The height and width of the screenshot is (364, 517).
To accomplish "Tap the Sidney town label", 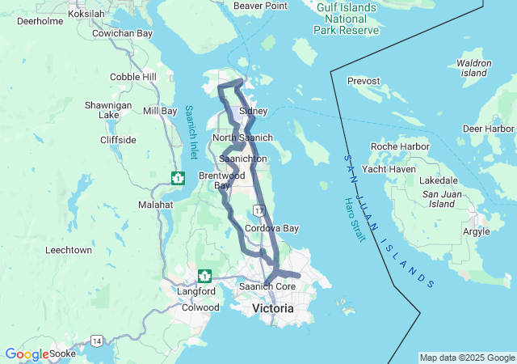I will tap(253, 110).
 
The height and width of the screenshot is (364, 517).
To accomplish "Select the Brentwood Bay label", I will tap(216, 180).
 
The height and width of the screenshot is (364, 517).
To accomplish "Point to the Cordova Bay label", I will tap(271, 229).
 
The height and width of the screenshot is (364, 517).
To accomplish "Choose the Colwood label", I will tap(200, 307).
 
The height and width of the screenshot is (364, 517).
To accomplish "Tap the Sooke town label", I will tap(62, 353).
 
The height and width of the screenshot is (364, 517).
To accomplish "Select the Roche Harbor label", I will tap(392, 146).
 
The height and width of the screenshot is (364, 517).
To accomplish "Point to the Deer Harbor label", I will tap(488, 129).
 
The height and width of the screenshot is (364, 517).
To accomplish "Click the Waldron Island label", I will tap(473, 68).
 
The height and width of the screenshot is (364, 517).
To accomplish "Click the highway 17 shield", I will tap(258, 210).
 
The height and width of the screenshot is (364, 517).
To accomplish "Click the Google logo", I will tap(26, 354).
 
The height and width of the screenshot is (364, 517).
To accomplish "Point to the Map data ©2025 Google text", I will tap(467, 358).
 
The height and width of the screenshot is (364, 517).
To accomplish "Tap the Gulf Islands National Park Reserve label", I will tap(347, 18).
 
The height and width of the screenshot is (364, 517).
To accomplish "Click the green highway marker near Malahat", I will tap(178, 177).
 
